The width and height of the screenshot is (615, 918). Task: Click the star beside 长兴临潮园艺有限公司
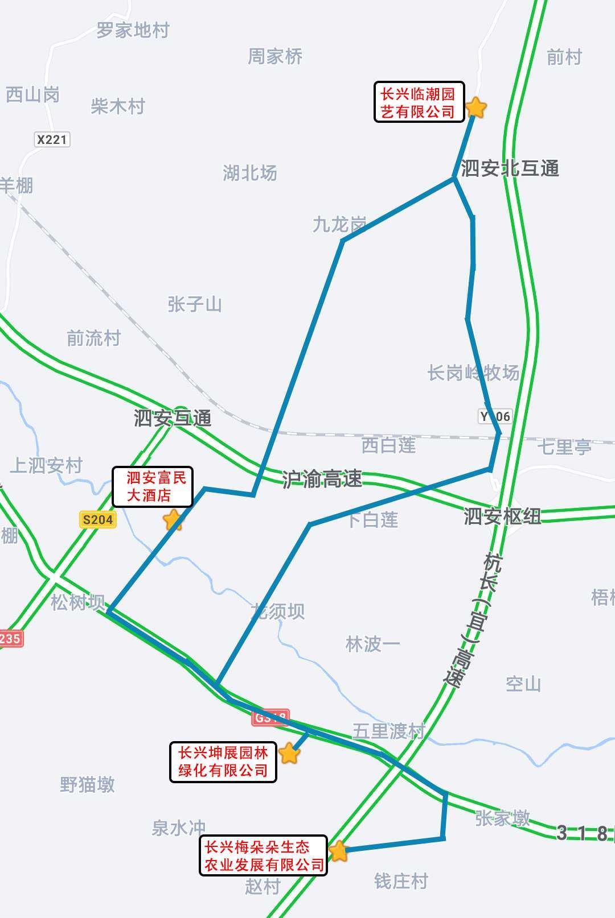pos(476,107)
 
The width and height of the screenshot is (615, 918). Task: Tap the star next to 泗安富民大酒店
pos(173,519)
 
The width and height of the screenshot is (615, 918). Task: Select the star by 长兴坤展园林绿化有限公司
pos(289,753)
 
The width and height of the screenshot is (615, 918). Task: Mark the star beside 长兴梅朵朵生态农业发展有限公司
pos(338,851)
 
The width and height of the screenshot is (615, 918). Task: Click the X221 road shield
pos(52,139)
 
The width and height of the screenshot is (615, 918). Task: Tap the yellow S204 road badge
pos(97,519)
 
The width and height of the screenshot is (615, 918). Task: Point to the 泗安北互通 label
pos(510,168)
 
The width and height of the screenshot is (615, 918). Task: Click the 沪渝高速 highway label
pos(322,479)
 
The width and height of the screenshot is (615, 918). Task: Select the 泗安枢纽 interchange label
pos(502,516)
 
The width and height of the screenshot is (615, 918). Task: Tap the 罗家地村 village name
pos(133,30)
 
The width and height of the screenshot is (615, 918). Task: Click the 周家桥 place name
pos(275,56)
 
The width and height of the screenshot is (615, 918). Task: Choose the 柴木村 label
pos(118,106)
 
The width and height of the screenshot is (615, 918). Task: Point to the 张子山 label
pos(195,304)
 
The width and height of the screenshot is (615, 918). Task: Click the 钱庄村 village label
pos(401,882)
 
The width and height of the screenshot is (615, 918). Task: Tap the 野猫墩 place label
pos(88,785)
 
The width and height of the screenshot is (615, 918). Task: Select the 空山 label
pos(523,684)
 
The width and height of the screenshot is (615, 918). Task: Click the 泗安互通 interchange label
pos(173,418)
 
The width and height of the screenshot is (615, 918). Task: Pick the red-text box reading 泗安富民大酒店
pos(153,486)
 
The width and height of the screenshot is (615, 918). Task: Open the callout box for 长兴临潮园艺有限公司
pos(419,102)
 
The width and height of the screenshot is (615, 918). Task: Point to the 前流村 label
pos(94,338)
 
